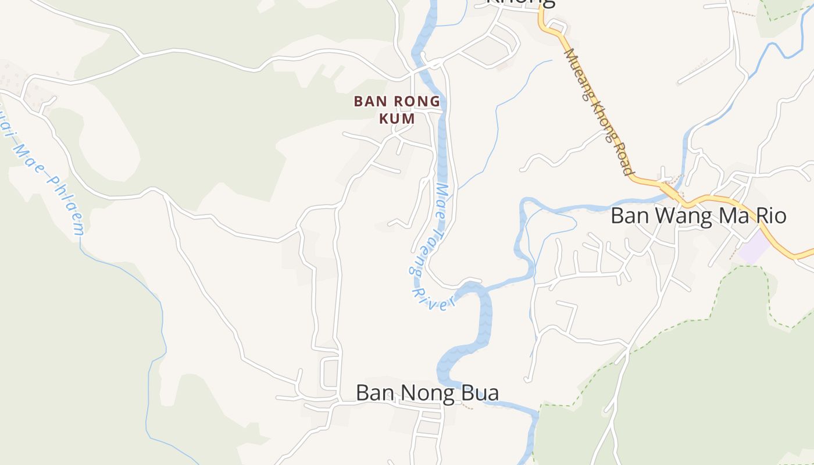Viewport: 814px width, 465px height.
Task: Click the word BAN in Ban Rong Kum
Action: (368, 102)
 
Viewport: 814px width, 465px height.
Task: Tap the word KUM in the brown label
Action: (397, 119)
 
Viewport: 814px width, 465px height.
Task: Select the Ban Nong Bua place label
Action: (427, 393)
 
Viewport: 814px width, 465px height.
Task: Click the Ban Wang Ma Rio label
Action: (698, 216)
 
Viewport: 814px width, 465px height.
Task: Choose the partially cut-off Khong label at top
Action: (520, 3)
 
